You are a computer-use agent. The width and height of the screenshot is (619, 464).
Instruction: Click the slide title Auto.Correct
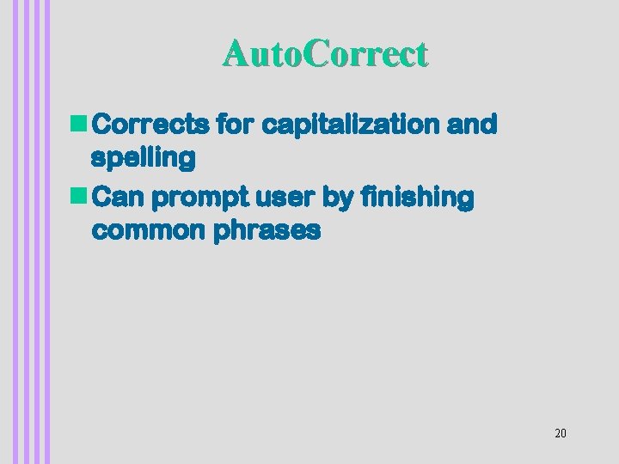tap(324, 54)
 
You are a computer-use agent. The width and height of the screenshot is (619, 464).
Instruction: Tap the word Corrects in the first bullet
tap(149, 125)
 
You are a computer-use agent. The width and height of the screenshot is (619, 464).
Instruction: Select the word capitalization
tap(352, 125)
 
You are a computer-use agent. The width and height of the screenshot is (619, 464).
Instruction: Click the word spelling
tap(143, 158)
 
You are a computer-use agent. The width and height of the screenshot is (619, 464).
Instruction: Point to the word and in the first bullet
tap(472, 125)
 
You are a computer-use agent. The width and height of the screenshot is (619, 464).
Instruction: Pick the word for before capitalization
tap(234, 125)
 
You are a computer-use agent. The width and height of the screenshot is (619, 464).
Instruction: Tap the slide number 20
tap(561, 433)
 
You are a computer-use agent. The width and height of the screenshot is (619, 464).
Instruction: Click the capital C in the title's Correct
tap(315, 54)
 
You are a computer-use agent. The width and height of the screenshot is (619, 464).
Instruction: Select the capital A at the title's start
tap(234, 54)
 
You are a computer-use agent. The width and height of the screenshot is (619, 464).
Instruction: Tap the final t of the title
tap(421, 55)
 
